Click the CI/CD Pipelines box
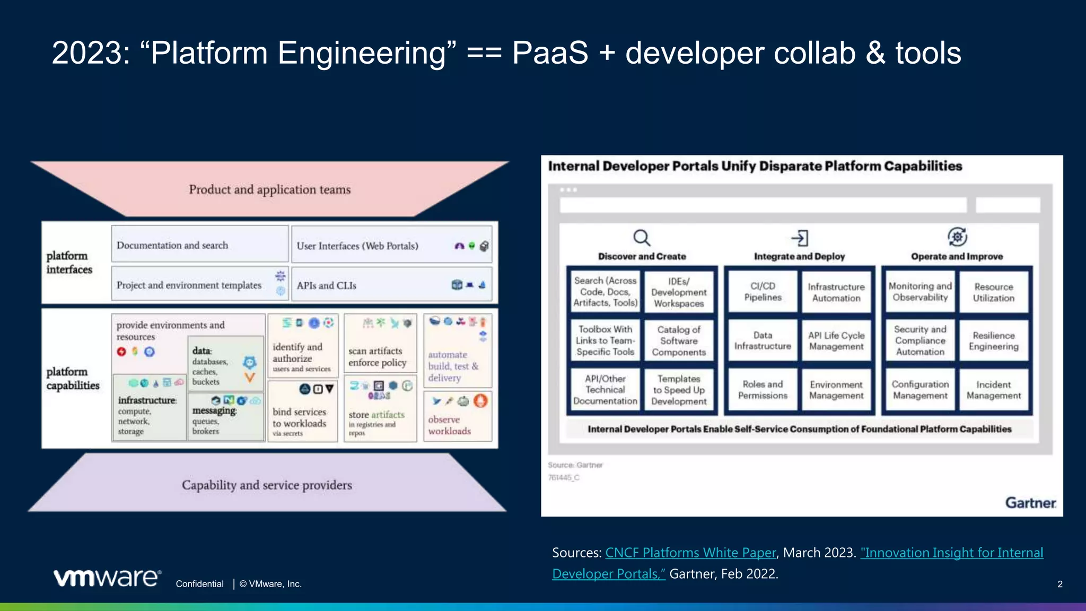pos(763,292)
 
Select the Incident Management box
pos(993,390)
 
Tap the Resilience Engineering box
pos(993,341)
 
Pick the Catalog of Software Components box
pos(679,341)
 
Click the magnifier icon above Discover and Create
pos(642,238)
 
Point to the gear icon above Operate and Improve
pos(957,237)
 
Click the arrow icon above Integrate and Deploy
pos(800,238)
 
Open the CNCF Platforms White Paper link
pos(690,553)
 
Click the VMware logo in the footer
pos(107,578)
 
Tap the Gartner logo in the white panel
pos(1030,503)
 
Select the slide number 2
pos(1059,584)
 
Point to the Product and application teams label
pos(269,189)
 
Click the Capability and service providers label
pos(267,485)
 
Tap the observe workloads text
pos(449,425)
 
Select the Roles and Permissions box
pos(763,390)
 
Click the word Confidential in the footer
pos(199,584)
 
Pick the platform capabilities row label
pos(73,379)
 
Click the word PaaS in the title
pos(550,53)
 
